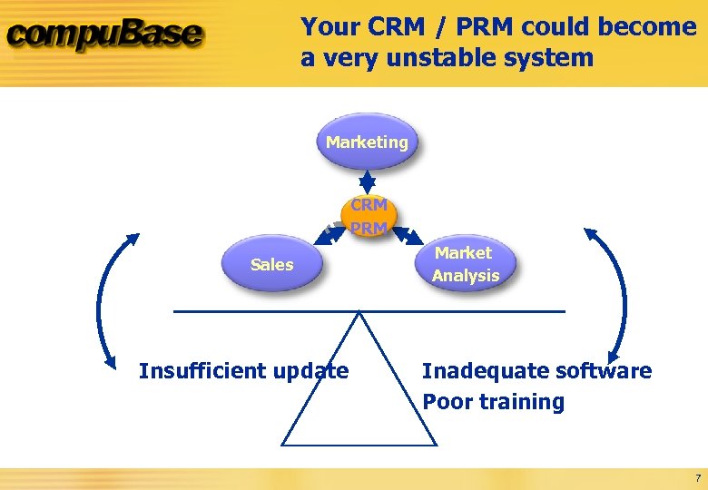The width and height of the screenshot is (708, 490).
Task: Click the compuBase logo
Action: point(104,37)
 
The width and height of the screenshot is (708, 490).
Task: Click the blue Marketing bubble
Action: point(367,142)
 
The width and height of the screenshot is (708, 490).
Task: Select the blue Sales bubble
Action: point(272,264)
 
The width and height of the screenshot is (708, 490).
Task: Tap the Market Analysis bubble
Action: point(465,264)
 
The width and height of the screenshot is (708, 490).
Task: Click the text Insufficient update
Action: point(243,370)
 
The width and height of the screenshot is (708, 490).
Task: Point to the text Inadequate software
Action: point(536,370)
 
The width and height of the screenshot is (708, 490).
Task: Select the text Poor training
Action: point(493,402)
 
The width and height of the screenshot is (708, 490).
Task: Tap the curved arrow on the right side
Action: point(620,295)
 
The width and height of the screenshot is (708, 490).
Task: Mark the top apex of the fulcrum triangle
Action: point(359,313)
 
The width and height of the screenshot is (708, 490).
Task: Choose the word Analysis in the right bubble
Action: point(466,275)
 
